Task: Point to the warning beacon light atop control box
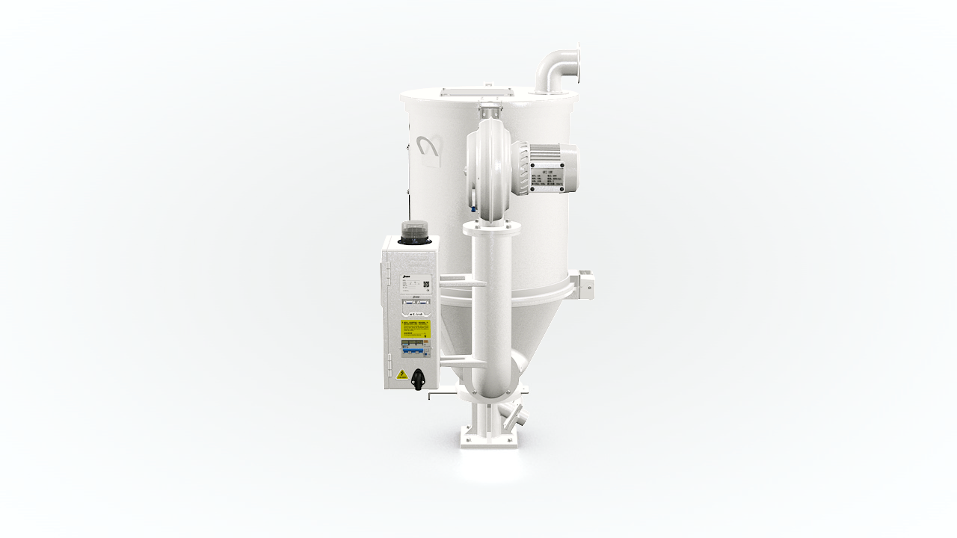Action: [412, 233]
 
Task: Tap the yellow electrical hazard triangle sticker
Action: [402, 374]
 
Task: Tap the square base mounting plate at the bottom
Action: [488, 437]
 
